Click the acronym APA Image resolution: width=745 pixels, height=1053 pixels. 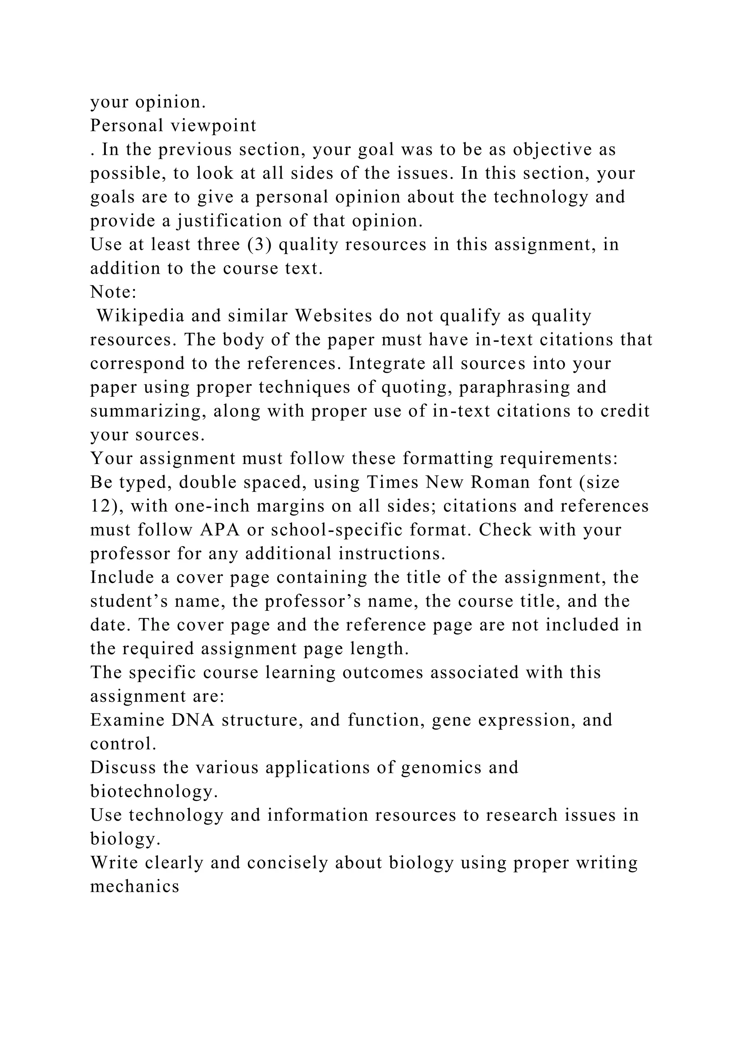point(220,530)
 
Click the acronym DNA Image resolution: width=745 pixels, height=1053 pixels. point(193,720)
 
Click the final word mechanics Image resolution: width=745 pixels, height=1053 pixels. point(134,886)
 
